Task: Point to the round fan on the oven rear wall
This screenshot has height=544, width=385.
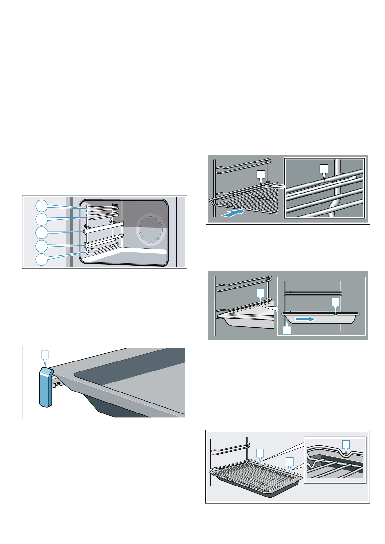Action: coord(151,229)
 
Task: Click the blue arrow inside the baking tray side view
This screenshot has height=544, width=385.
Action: coord(305,319)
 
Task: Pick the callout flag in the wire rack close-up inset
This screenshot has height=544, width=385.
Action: coord(324,170)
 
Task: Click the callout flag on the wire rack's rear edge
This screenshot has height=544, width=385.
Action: coord(261,175)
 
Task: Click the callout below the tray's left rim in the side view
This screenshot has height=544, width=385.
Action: coord(287,330)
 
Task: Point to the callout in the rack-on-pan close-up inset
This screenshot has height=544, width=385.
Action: coord(346,445)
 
